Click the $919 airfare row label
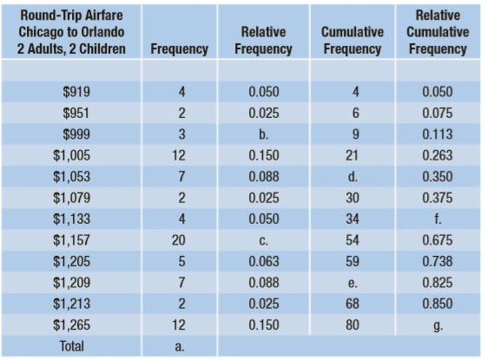[x=76, y=92]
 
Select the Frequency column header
[x=179, y=49]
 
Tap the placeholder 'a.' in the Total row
[x=179, y=347]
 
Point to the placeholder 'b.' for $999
[x=263, y=134]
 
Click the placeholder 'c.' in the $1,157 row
[x=263, y=241]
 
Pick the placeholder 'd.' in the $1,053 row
[x=352, y=177]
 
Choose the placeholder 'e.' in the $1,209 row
[x=352, y=283]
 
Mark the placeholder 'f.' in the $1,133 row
[x=438, y=219]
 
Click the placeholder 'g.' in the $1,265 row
[x=438, y=326]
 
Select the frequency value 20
[x=179, y=240]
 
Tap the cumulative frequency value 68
[x=352, y=304]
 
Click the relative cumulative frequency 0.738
[x=438, y=261]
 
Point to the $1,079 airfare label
[x=71, y=198]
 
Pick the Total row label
[x=72, y=346]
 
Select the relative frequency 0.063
[x=264, y=261]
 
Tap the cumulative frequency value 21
[x=352, y=155]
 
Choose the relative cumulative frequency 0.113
[x=438, y=134]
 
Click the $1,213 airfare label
[x=71, y=304]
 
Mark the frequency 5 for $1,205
[x=181, y=261]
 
